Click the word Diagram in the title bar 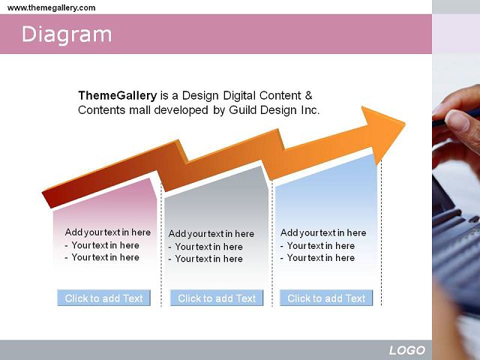[67, 34]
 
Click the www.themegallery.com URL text [52, 7]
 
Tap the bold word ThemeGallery [118, 95]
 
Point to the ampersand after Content [308, 95]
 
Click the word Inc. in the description [310, 110]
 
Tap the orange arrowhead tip [405, 124]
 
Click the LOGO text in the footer [407, 350]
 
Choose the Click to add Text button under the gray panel [217, 298]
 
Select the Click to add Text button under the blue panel [326, 298]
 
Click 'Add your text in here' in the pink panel [108, 232]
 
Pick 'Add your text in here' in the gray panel [211, 234]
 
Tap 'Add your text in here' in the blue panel [323, 233]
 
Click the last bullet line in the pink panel [102, 257]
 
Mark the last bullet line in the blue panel [318, 258]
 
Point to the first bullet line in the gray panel [205, 247]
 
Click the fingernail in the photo [457, 120]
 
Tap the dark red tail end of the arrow [47, 199]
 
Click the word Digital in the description [240, 96]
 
